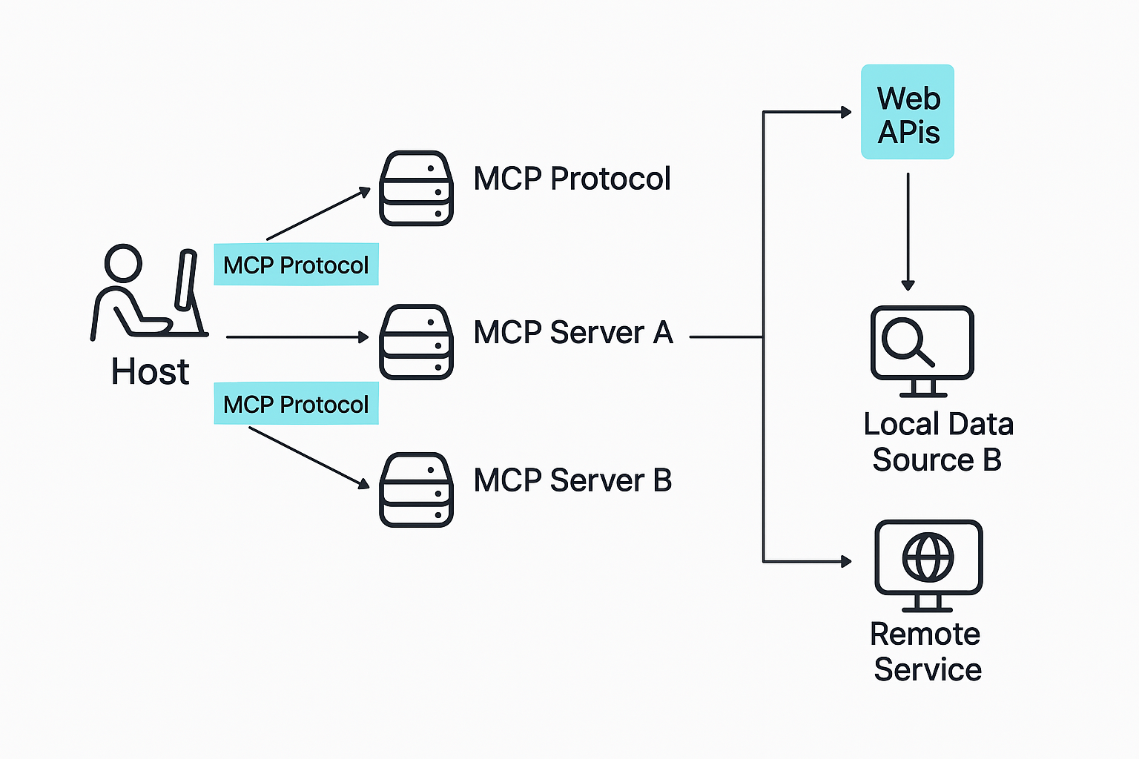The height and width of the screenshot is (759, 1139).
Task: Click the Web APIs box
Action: click(x=907, y=112)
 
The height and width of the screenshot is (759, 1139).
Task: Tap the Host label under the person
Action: click(x=150, y=371)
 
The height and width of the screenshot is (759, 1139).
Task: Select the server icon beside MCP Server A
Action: click(x=416, y=342)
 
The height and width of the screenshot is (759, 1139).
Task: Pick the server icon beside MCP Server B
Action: click(x=416, y=489)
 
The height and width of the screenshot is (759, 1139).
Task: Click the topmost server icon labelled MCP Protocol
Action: click(x=416, y=188)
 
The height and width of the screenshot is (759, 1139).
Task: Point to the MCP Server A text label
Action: click(x=572, y=333)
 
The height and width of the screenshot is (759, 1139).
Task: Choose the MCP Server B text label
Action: click(x=572, y=480)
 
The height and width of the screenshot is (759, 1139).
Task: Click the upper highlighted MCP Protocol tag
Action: click(x=296, y=265)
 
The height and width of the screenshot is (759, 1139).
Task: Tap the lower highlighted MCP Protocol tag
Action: click(x=296, y=404)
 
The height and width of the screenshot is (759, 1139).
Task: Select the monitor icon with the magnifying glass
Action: click(x=922, y=345)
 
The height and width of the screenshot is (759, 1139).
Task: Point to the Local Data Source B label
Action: click(x=938, y=442)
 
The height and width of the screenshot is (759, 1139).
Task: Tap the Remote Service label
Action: click(x=926, y=652)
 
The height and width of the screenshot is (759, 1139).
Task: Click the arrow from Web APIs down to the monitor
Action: click(x=908, y=230)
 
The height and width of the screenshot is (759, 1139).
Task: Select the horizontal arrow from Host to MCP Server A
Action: click(x=297, y=337)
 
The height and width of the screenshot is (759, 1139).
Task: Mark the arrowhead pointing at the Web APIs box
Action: click(x=846, y=112)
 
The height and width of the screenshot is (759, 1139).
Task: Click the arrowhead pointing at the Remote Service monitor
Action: click(x=846, y=561)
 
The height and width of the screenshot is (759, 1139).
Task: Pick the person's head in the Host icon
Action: click(x=123, y=262)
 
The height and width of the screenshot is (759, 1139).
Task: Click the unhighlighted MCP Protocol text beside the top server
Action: click(x=572, y=179)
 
